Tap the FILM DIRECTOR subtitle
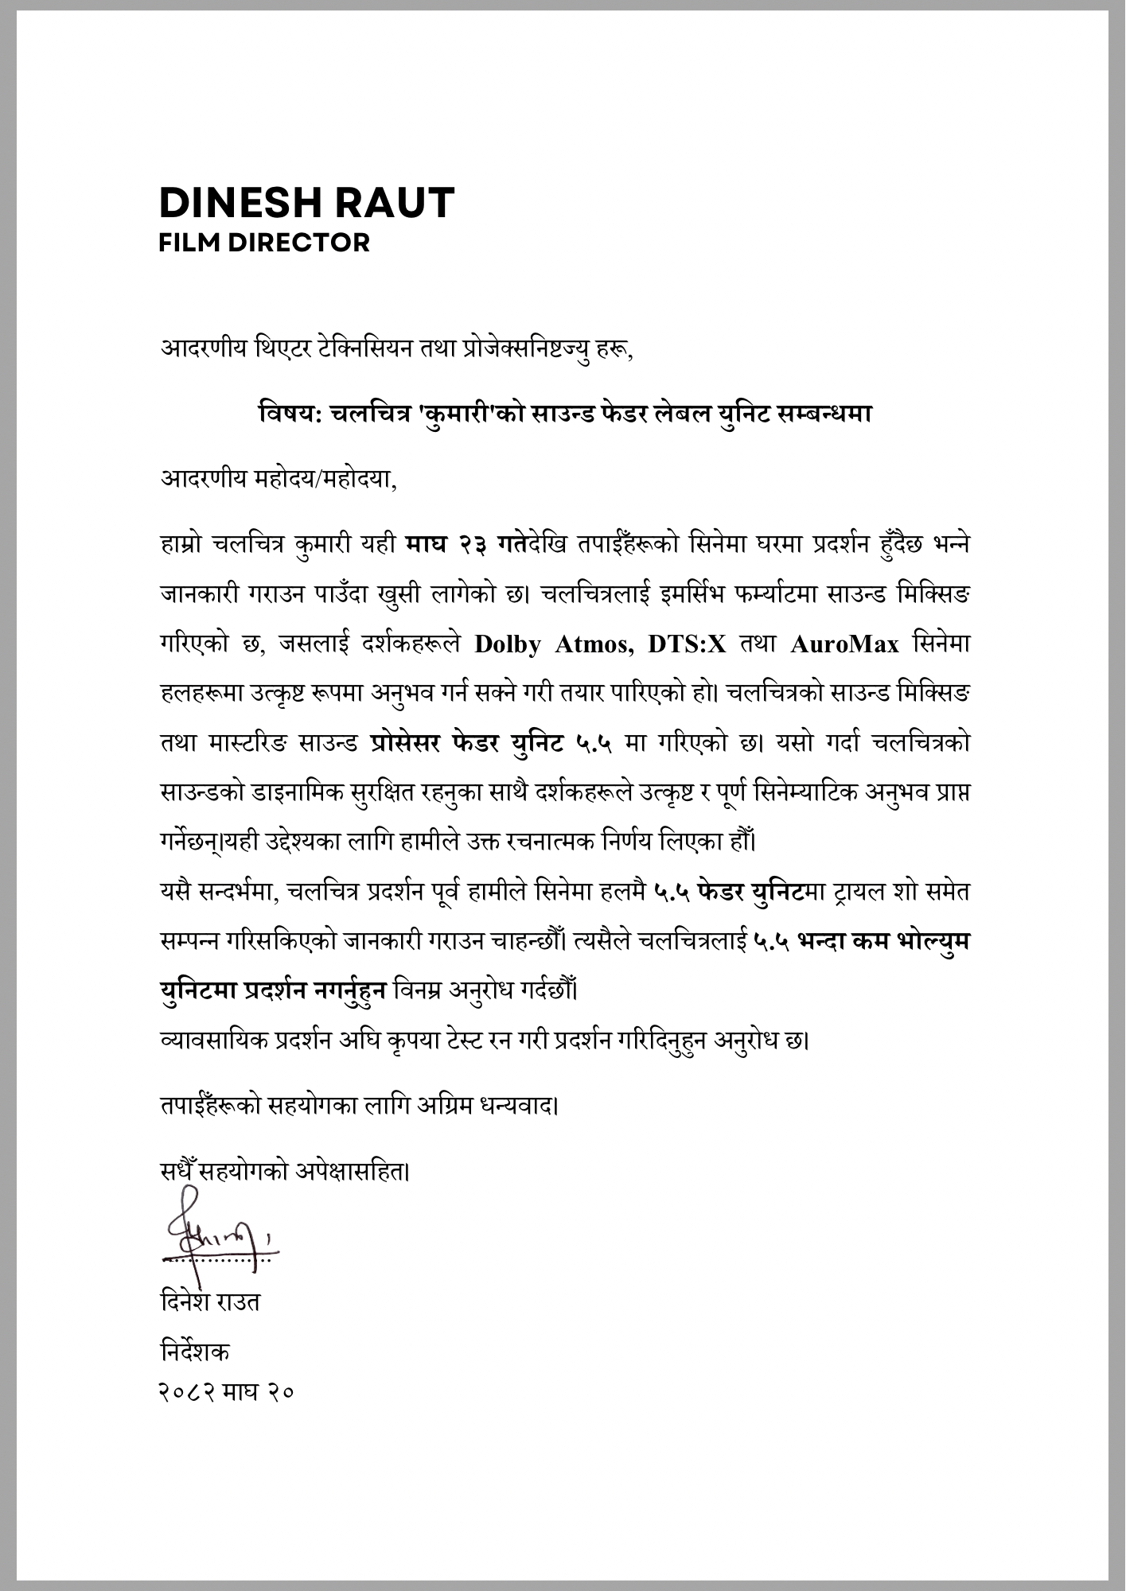[x=264, y=242]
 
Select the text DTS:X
[x=687, y=644]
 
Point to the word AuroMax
[x=844, y=644]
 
